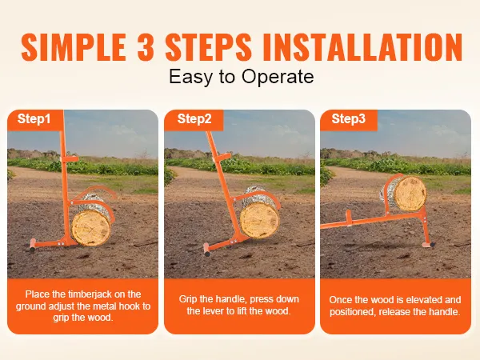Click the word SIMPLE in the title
click(x=74, y=47)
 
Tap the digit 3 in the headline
click(x=146, y=47)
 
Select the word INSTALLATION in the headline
click(x=362, y=47)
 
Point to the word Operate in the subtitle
click(x=278, y=77)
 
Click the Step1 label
click(x=34, y=118)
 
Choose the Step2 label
click(x=194, y=118)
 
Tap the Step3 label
click(x=348, y=118)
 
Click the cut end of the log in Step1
click(x=91, y=228)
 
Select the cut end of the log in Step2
click(x=259, y=220)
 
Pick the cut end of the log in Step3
click(x=410, y=194)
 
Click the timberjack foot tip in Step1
click(x=33, y=246)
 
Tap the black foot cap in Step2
click(x=207, y=253)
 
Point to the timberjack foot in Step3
click(x=428, y=245)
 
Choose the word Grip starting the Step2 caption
click(x=187, y=299)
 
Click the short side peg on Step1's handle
click(x=70, y=159)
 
